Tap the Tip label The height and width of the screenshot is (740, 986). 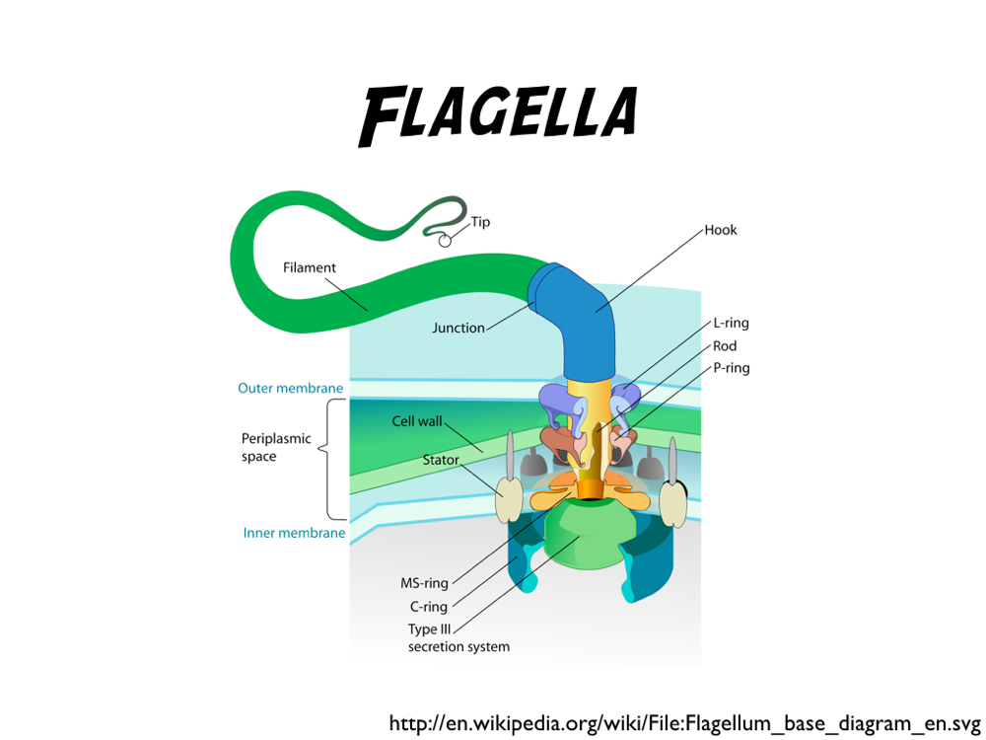coord(480,222)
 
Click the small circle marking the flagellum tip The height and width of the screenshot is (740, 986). coord(445,239)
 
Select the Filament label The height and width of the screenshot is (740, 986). coord(310,267)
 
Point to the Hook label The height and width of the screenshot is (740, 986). coord(721,230)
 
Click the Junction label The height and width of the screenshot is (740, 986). coord(458,328)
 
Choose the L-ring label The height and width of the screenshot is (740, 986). coord(731,324)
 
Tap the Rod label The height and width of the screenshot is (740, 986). coord(725,346)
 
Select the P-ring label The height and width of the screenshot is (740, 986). coord(731,368)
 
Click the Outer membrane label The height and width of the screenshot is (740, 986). coord(290,388)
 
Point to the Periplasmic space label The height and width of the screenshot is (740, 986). coord(276,447)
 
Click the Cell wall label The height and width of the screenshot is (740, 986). coord(417,421)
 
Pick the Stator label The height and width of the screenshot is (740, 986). coord(441,460)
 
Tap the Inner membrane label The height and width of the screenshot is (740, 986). coord(294,533)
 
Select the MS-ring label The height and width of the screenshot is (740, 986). coord(424,583)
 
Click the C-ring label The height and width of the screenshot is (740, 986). coord(429,607)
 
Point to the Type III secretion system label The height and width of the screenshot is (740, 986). coord(458,638)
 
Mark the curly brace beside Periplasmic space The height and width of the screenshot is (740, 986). coord(336,458)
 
